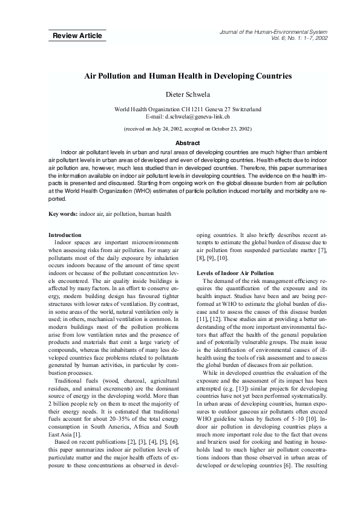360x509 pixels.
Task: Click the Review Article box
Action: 77,36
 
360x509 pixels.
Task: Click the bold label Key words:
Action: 63,213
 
